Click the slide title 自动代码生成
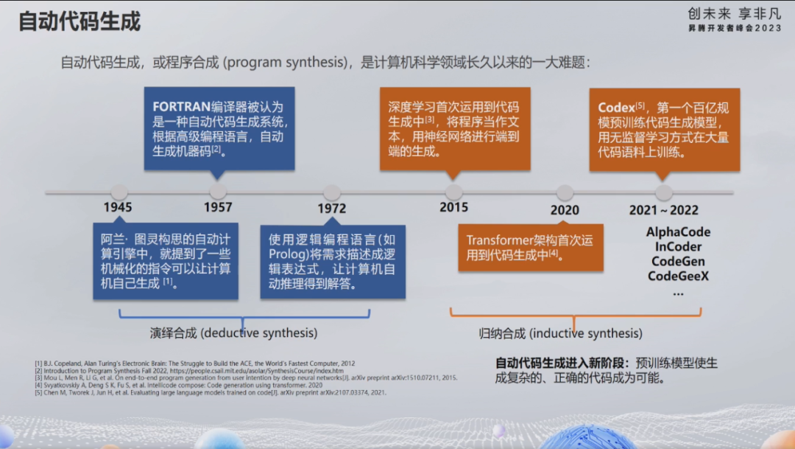point(79,21)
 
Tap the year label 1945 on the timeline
point(118,208)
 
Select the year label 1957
point(218,208)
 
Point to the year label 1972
point(332,209)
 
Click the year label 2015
point(453,208)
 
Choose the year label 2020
point(565,210)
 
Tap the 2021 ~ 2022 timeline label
point(663,210)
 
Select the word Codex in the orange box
point(616,108)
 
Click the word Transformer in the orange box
point(498,240)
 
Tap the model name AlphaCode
point(678,232)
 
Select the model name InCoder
point(678,247)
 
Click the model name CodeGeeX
point(678,276)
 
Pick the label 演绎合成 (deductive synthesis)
point(234,333)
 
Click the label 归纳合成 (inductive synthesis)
point(560,334)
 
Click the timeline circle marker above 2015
point(453,192)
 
